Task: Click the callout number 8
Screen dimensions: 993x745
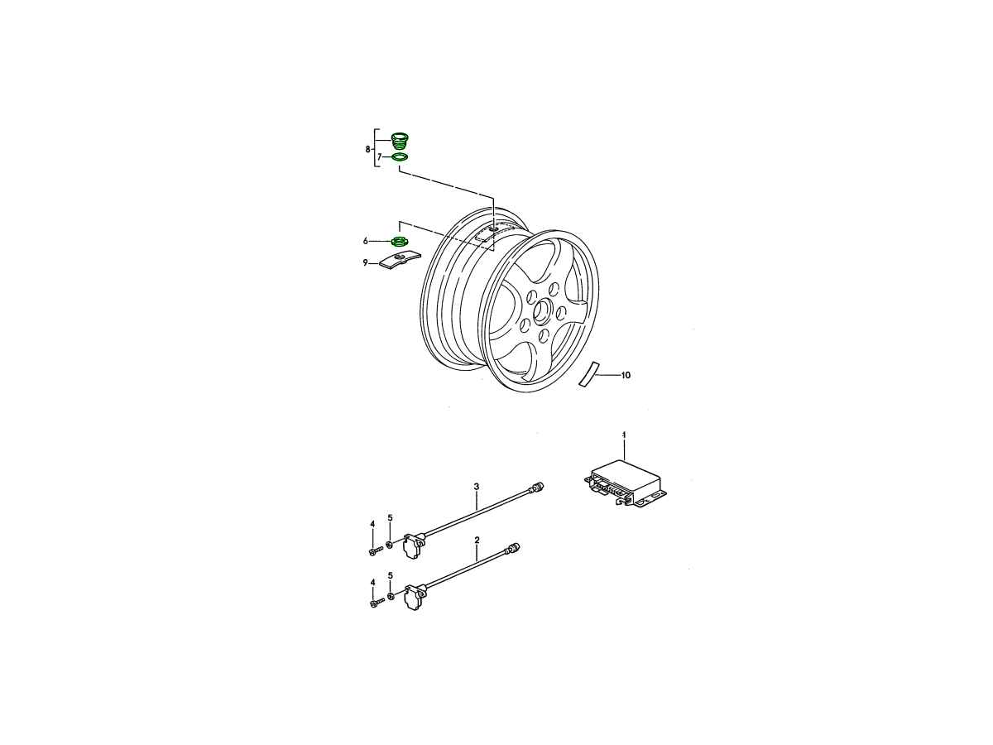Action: (367, 149)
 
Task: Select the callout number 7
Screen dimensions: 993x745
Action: (380, 157)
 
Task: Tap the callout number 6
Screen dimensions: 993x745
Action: (366, 241)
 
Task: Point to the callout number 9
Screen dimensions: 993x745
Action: (366, 262)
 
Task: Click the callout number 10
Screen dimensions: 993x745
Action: (626, 375)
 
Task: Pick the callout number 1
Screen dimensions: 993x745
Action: (624, 435)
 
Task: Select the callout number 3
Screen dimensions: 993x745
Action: (477, 487)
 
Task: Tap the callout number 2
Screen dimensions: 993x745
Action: (477, 540)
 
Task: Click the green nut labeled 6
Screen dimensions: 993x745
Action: (399, 242)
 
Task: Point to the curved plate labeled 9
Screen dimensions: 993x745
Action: (400, 261)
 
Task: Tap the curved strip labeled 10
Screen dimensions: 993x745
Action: (589, 374)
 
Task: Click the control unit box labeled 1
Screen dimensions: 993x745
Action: (626, 483)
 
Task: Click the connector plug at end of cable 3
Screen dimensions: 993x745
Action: (537, 488)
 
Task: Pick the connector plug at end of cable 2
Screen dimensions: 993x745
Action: (513, 548)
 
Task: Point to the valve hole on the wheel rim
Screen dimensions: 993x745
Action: (492, 229)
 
